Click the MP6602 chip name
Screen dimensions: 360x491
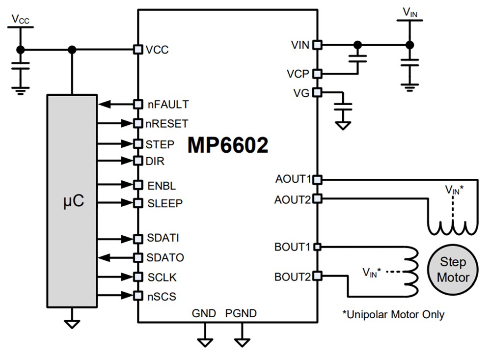pyautogui.click(x=228, y=146)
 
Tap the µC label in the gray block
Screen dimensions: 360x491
pyautogui.click(x=72, y=202)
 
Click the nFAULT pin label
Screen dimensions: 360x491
pyautogui.click(x=168, y=104)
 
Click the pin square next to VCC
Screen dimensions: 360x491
pyautogui.click(x=138, y=49)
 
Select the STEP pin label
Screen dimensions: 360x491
pyautogui.click(x=160, y=144)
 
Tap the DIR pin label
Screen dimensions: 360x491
pyautogui.click(x=155, y=161)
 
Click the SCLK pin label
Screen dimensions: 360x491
pyautogui.click(x=162, y=277)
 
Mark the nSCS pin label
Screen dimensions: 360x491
pyautogui.click(x=162, y=296)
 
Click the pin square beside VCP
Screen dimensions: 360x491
pyautogui.click(x=317, y=74)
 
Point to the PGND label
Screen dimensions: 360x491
pyautogui.click(x=241, y=313)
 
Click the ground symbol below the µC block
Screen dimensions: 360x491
pyautogui.click(x=72, y=324)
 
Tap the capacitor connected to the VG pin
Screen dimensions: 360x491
pyautogui.click(x=344, y=108)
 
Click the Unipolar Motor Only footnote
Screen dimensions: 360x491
pyautogui.click(x=393, y=314)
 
